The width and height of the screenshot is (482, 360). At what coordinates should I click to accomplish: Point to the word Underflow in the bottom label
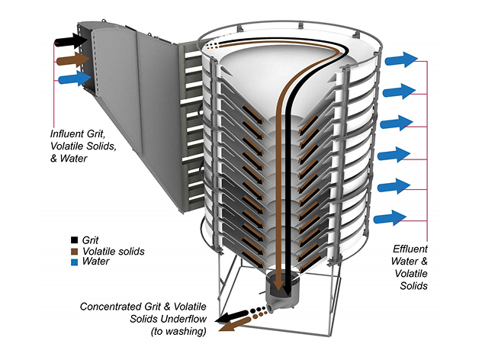coord(187,320)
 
